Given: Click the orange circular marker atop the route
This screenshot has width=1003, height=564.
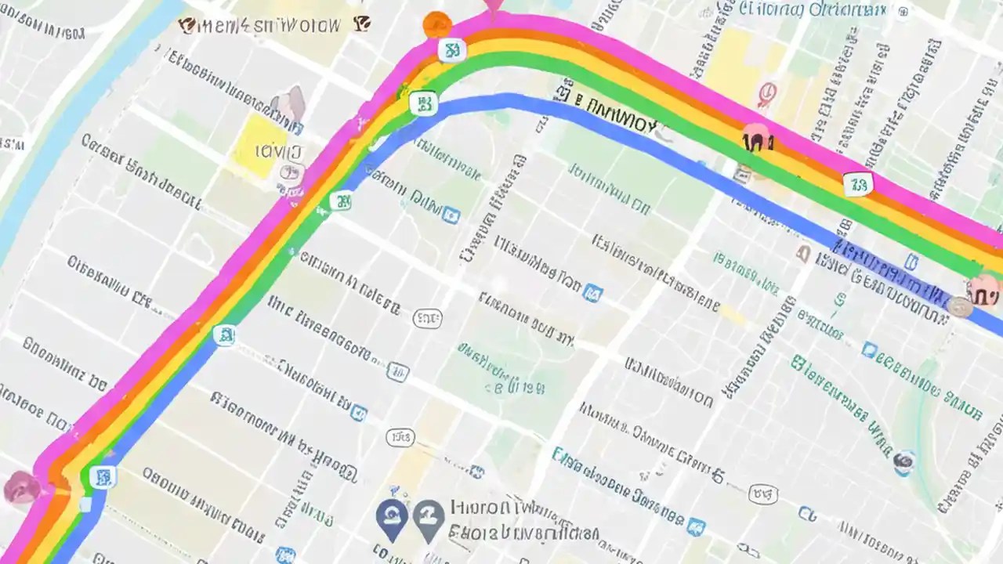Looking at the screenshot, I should [x=436, y=24].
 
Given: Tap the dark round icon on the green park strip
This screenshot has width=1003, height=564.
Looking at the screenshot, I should [x=904, y=462].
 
